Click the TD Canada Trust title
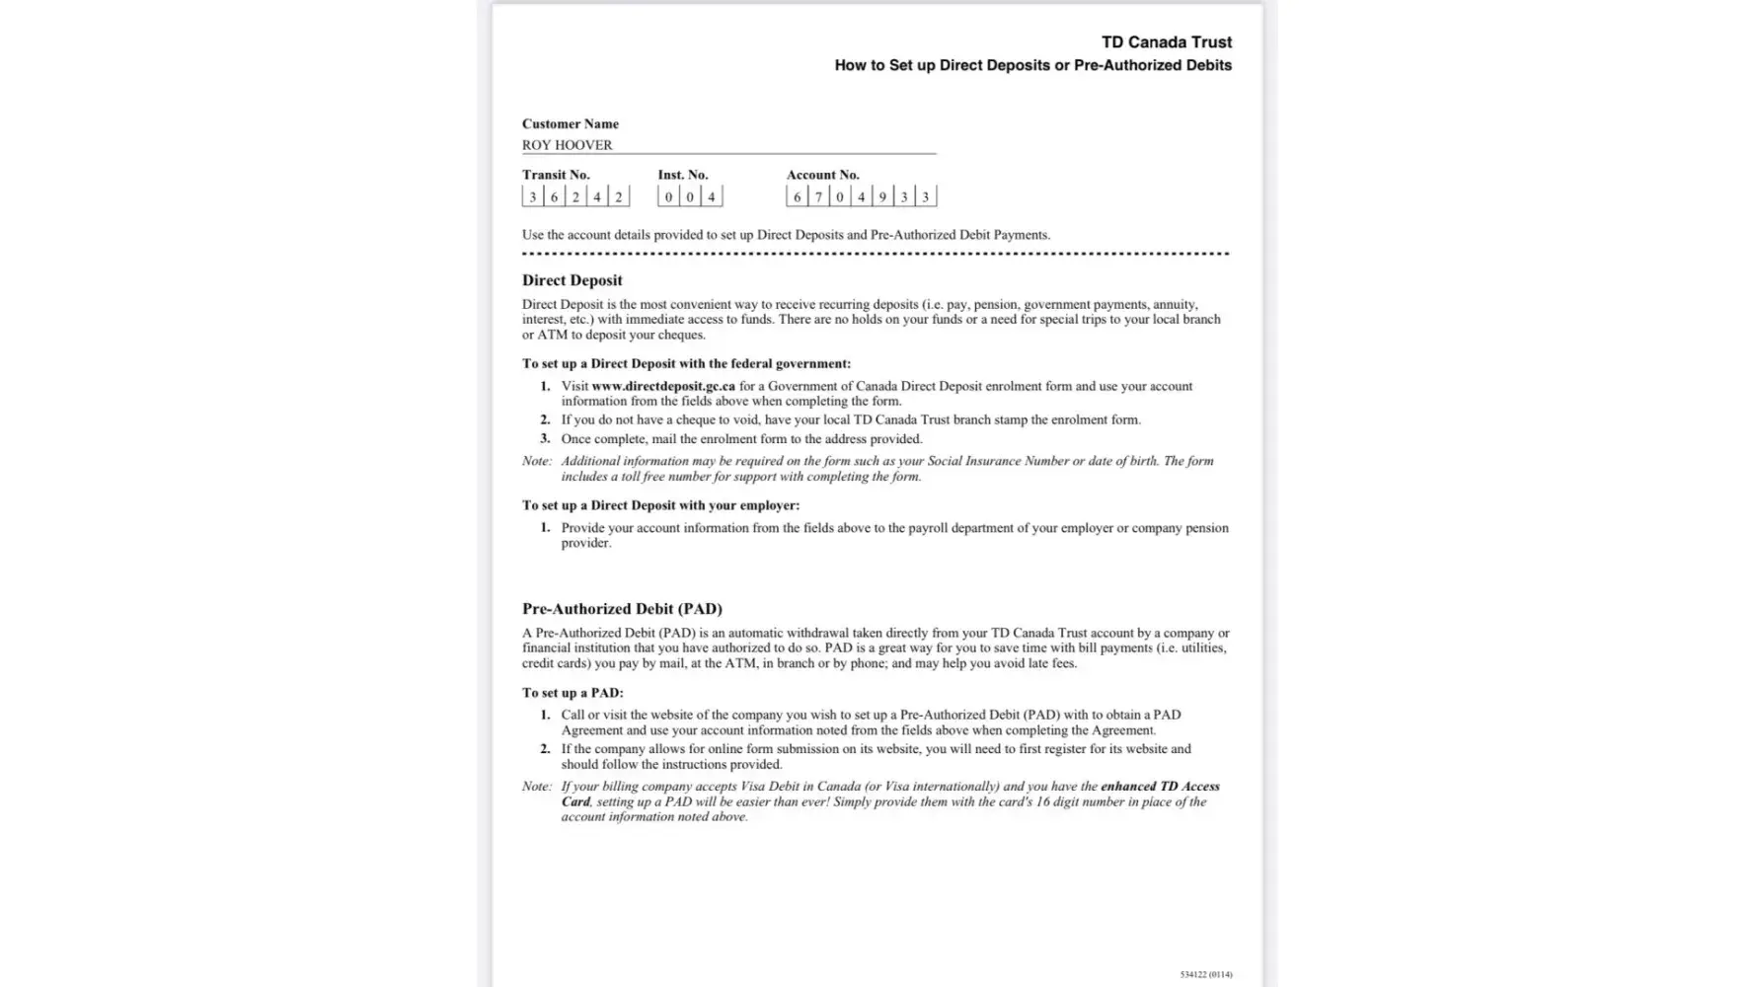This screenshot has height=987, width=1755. tap(1166, 42)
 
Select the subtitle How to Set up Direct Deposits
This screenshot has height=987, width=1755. tap(1032, 65)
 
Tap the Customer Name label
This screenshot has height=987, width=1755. tap(570, 124)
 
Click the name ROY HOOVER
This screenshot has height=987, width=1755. tap(567, 145)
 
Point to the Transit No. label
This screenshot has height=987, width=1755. tap(555, 175)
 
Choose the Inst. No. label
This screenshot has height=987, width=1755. tap(682, 175)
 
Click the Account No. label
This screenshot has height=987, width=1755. tap(822, 175)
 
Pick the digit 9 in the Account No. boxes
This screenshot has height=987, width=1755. tap(882, 197)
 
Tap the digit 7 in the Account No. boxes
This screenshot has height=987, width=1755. tap(818, 197)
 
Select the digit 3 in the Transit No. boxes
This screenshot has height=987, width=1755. tap(533, 197)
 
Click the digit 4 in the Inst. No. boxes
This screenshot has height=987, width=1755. tap(711, 197)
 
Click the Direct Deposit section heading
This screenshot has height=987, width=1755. tap(572, 280)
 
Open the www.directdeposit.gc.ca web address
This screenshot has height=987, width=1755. tap(662, 386)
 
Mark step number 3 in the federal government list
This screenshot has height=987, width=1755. tap(545, 438)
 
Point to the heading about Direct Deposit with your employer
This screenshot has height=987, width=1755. tap(660, 505)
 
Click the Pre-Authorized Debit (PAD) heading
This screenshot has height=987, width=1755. tap(622, 609)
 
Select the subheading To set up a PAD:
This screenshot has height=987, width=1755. tap(572, 693)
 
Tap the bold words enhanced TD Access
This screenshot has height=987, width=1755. tap(1160, 787)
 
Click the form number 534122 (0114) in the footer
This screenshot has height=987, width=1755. tap(1205, 974)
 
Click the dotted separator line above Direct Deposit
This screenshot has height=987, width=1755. tap(875, 254)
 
